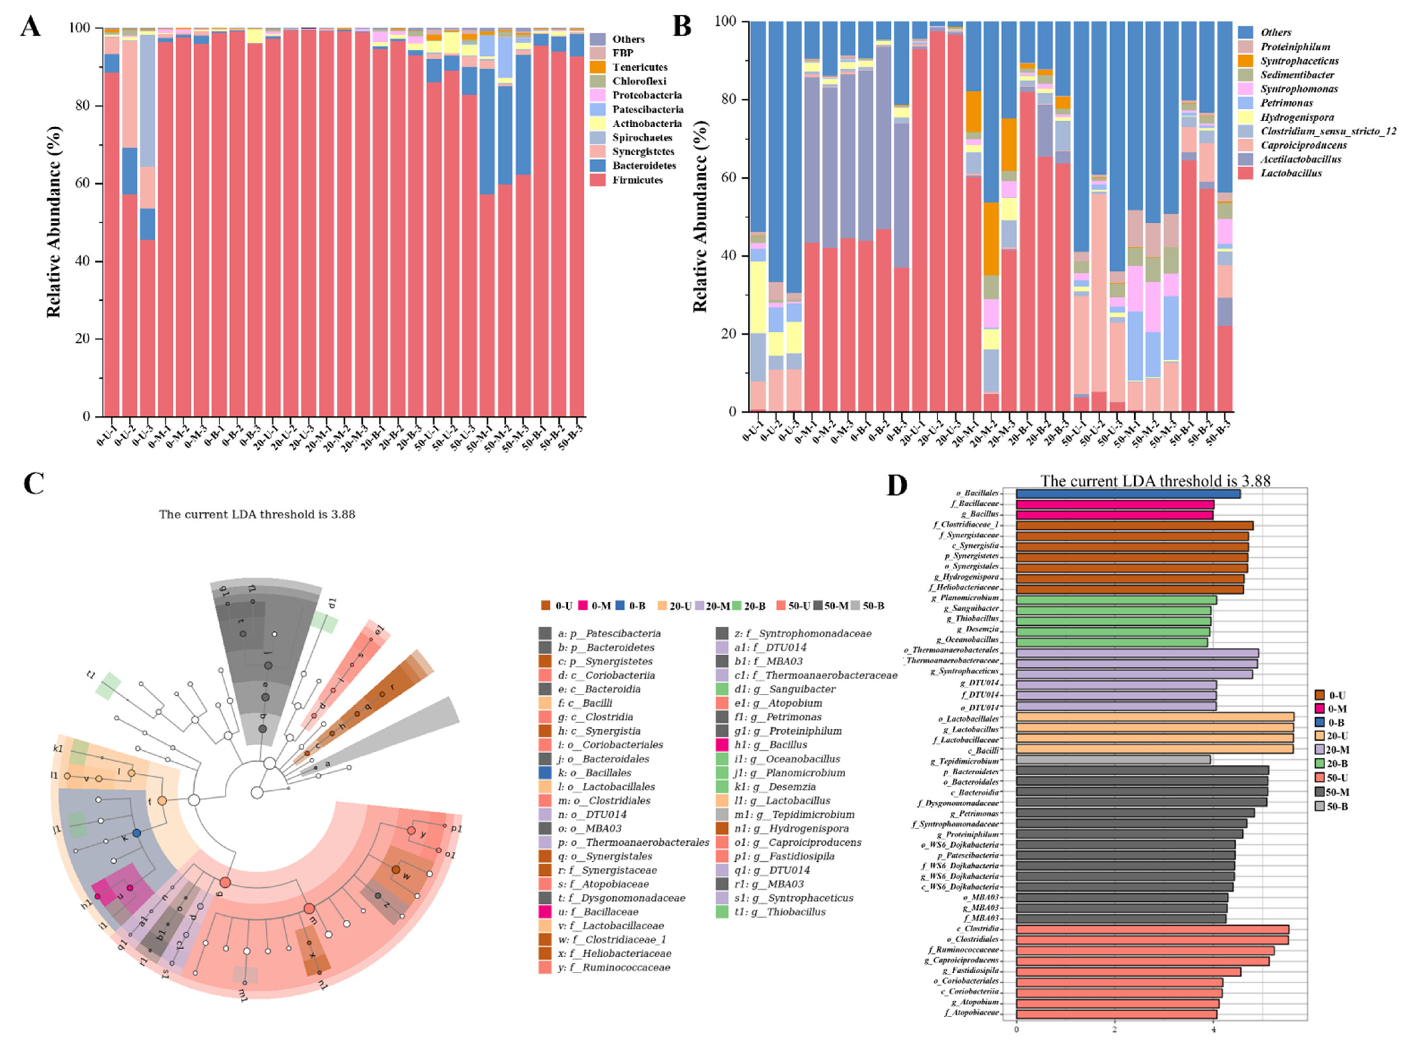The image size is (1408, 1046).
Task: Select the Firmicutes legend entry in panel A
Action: (x=637, y=180)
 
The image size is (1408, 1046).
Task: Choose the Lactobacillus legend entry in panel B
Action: (x=1290, y=173)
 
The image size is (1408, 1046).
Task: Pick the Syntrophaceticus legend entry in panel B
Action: (x=1298, y=61)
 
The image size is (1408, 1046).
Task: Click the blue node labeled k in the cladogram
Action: (x=137, y=833)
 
